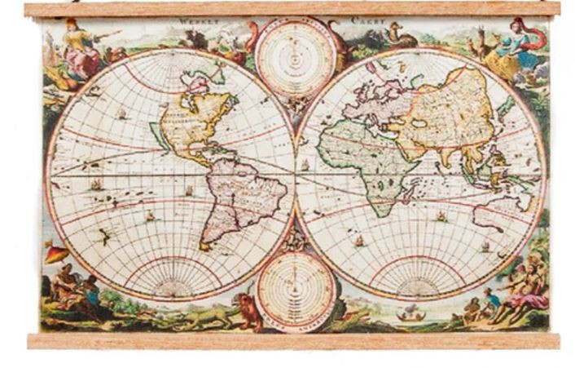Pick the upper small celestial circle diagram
(295, 58)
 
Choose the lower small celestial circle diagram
(295, 290)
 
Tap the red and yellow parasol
(57, 255)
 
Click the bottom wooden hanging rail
(292, 340)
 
